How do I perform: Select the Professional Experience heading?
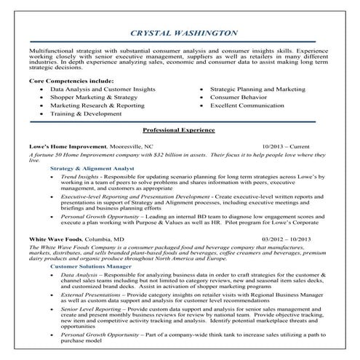(x=179, y=130)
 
